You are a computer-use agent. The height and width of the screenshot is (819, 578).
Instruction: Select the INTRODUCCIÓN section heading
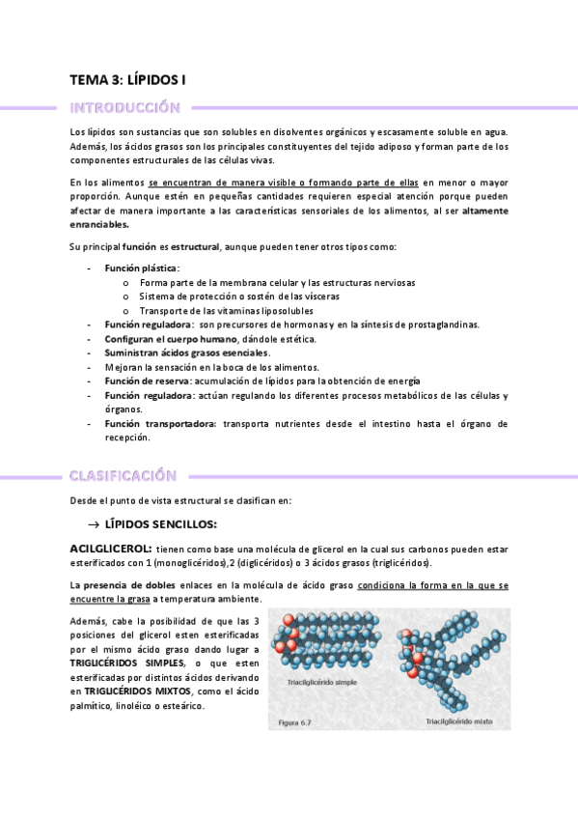coord(125,107)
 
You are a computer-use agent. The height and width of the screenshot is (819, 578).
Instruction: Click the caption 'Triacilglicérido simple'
coord(322,682)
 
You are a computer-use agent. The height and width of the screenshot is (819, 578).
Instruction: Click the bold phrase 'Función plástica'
coord(141,268)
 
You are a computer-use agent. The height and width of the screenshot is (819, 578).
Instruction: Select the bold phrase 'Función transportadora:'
coord(160,423)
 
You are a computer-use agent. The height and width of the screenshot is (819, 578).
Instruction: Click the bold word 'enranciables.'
coord(99,224)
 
